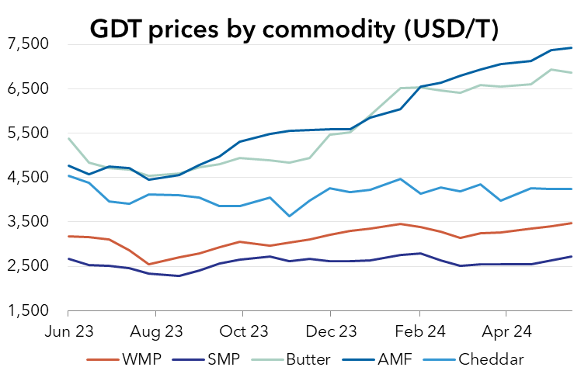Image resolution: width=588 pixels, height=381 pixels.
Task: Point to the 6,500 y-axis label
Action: pos(28,88)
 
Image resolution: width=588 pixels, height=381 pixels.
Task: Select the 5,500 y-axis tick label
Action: pos(28,133)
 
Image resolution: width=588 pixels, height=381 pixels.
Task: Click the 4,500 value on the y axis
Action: pos(28,177)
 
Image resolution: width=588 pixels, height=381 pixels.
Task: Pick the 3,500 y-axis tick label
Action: pos(28,222)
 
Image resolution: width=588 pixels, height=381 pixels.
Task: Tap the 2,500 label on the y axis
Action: pos(28,266)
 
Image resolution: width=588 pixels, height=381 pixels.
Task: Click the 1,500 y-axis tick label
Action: pos(28,311)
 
